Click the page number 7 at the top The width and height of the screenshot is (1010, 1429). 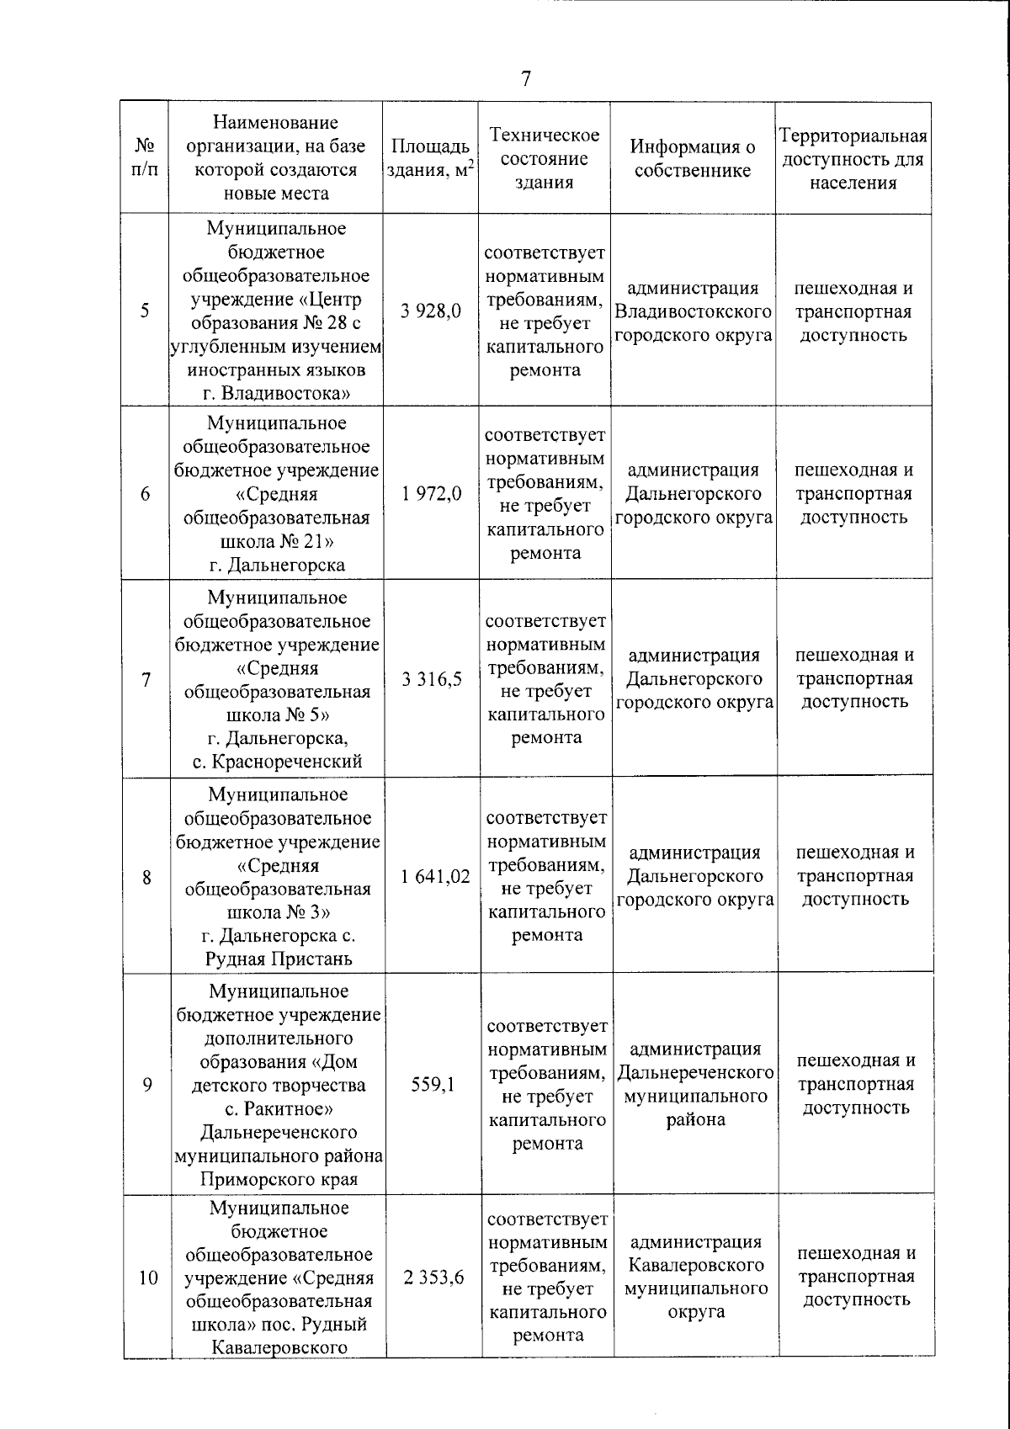click(x=526, y=79)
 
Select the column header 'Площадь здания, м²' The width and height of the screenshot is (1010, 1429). click(x=430, y=158)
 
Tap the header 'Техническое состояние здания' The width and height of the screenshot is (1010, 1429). click(x=545, y=158)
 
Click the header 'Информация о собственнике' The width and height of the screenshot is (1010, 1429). click(x=693, y=158)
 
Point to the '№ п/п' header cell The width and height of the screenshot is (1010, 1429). click(x=145, y=158)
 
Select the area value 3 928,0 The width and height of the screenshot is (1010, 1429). click(x=431, y=311)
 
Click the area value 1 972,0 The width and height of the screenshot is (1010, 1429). click(x=431, y=494)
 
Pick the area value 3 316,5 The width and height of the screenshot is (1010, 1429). click(x=432, y=679)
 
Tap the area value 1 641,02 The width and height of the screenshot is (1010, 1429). click(x=435, y=877)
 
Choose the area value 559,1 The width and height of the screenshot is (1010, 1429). click(x=433, y=1085)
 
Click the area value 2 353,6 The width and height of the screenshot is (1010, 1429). click(x=434, y=1278)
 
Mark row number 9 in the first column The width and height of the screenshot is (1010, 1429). click(x=147, y=1085)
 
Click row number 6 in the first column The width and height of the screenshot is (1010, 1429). click(x=146, y=494)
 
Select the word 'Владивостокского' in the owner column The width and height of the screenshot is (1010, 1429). click(x=694, y=312)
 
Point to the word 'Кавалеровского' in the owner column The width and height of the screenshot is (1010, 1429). click(x=696, y=1265)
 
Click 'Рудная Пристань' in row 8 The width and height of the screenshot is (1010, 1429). click(x=279, y=959)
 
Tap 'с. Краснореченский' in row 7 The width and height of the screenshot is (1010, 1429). click(x=277, y=762)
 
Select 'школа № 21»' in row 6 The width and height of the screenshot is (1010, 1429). click(x=277, y=541)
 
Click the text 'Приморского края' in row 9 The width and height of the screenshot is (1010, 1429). click(x=279, y=1179)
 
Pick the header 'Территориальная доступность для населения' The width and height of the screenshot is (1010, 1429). click(x=853, y=159)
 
